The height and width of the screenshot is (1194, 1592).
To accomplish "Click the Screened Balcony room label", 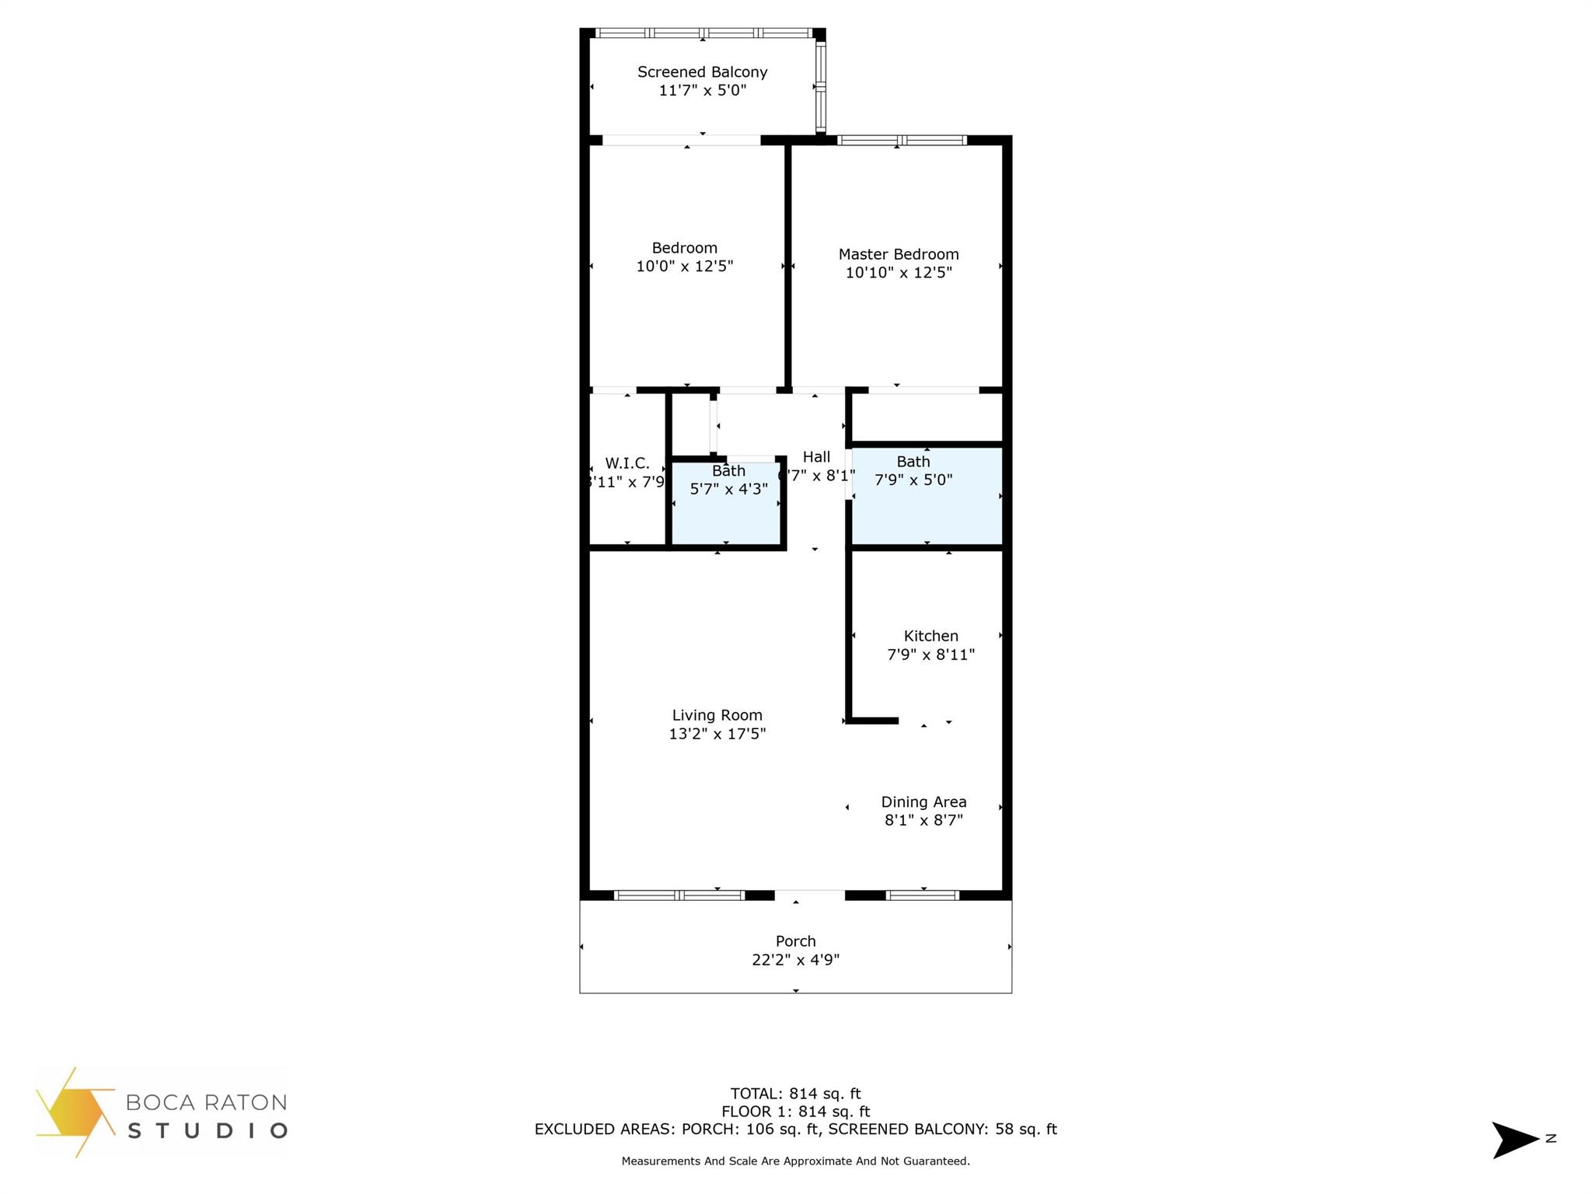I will pos(702,72).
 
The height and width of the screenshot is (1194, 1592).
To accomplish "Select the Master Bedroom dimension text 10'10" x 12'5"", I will pos(899,273).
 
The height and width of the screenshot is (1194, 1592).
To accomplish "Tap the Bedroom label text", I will pos(684,248).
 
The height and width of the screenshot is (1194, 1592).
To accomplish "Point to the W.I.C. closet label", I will pos(627,463).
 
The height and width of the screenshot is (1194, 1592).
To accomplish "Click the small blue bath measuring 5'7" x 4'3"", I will pos(727,513).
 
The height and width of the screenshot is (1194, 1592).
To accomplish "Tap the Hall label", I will pos(816,457).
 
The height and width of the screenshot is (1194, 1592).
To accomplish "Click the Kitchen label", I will pos(930,636).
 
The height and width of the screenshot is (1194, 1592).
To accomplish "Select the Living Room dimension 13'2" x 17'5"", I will pos(717,734).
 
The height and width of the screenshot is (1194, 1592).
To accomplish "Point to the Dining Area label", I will pos(923,801).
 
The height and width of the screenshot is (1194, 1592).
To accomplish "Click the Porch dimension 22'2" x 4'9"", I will pos(795,960).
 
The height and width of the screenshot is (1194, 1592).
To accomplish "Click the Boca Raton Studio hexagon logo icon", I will pos(74,1112).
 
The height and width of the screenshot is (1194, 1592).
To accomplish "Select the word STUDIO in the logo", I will pos(207,1130).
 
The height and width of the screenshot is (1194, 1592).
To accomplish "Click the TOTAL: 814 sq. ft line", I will pos(795,1094).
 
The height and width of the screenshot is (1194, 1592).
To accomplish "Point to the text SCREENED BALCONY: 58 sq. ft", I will pos(942,1129).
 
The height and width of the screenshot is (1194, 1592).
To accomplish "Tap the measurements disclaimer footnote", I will pos(795,1161).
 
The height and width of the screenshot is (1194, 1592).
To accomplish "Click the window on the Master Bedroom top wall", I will pos(901,141).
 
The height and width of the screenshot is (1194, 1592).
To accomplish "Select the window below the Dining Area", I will pos(922,895).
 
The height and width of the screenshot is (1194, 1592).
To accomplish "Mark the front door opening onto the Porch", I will pos(809,895).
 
